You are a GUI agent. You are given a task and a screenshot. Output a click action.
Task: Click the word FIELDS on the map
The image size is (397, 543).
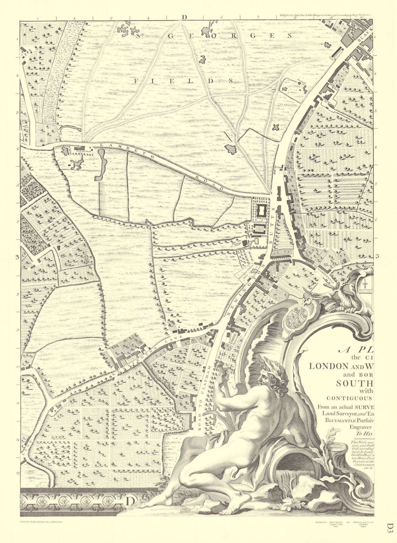[182, 81]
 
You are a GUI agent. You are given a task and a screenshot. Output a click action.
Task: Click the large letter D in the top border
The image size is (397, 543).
[184, 17]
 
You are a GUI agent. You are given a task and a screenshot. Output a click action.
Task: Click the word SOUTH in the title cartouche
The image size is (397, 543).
[355, 383]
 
